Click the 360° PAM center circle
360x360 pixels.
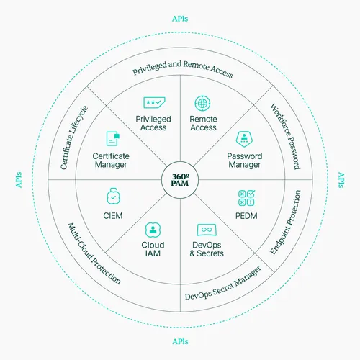point(180,180)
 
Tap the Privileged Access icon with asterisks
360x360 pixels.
point(154,102)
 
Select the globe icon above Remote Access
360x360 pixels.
point(202,104)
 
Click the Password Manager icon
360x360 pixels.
point(244,139)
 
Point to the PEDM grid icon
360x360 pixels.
point(246,198)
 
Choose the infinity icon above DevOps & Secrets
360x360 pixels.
point(207,230)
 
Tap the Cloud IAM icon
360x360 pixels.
point(153,230)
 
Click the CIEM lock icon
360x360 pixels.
point(113,196)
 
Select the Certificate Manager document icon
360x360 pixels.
point(113,138)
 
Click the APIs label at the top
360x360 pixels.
point(180,19)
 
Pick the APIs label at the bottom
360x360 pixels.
point(180,341)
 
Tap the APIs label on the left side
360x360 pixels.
point(19,180)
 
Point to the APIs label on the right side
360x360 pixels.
point(341,180)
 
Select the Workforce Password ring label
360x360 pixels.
point(286,136)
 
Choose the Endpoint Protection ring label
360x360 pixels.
point(285,222)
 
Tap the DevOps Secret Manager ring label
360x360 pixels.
point(223,284)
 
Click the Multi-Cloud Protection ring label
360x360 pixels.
point(94,253)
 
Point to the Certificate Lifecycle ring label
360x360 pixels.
point(74,138)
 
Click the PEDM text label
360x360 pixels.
point(246,216)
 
